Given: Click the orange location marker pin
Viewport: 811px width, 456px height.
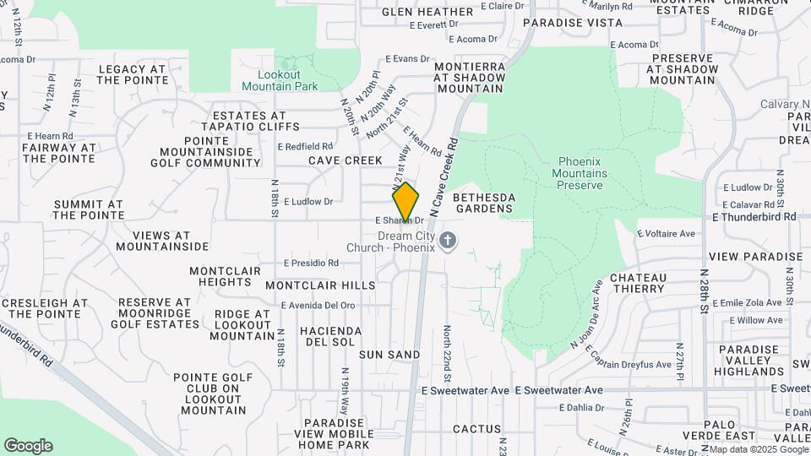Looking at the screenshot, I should (x=405, y=202).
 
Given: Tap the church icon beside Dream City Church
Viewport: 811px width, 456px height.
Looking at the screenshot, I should (x=449, y=242).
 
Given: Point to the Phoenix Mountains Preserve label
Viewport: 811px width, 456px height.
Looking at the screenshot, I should (x=583, y=173).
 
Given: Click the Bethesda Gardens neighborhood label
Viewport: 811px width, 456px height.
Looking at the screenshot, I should (x=484, y=203).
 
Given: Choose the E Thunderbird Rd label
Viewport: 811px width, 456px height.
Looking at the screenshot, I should (x=754, y=216).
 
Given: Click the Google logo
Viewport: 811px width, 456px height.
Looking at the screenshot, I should (x=28, y=446).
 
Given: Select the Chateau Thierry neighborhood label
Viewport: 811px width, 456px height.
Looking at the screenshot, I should (x=638, y=283).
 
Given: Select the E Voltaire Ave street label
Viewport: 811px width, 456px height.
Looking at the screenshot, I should (x=665, y=233).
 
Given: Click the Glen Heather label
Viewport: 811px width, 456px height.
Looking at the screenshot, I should (x=427, y=12).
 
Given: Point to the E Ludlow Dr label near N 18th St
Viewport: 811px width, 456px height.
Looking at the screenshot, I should (x=308, y=202).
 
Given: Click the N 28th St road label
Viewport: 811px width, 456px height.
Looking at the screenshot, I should (x=704, y=291).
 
